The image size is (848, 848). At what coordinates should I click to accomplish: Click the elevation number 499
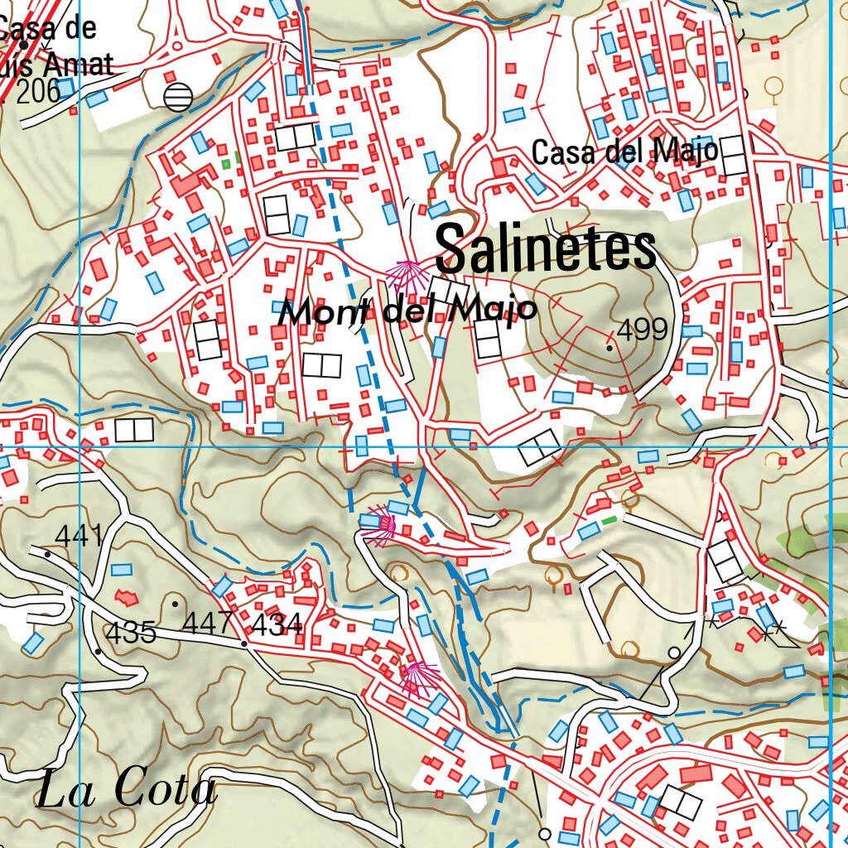click(x=643, y=330)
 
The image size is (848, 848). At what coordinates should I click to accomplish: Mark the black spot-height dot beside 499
click(x=610, y=349)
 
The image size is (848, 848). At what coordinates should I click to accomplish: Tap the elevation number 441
click(x=80, y=536)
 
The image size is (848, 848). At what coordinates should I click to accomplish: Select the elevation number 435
click(x=131, y=633)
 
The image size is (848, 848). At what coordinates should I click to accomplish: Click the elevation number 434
click(x=276, y=624)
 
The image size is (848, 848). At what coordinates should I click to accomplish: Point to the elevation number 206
click(x=38, y=92)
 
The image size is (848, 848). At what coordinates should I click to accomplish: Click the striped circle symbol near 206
click(x=177, y=97)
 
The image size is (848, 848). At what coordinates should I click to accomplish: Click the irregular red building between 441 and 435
click(x=126, y=595)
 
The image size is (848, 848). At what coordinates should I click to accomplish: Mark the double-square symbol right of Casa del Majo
click(x=734, y=156)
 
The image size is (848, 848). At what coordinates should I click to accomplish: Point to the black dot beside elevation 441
click(x=48, y=554)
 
